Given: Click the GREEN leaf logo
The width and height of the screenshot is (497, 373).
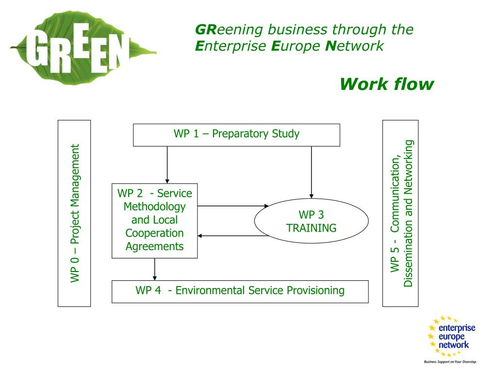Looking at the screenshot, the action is tap(83, 48).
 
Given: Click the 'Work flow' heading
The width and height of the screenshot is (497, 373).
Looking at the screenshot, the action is tap(387, 85).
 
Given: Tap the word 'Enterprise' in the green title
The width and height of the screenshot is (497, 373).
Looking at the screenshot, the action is tap(231, 46).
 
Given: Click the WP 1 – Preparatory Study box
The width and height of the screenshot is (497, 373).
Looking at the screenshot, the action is tap(236, 135).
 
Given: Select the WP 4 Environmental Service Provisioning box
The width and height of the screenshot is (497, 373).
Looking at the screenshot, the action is tap(240, 291).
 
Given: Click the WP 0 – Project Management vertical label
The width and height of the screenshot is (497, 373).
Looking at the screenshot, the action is tap(75, 213).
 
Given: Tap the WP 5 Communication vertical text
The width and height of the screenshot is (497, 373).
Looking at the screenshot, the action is tap(402, 213).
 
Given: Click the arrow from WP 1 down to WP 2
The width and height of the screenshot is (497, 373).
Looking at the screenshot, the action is tap(167, 165).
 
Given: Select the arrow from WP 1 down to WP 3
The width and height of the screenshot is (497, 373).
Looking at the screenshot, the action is tap(311, 172).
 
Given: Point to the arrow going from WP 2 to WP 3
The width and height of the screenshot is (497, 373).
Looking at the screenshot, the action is tap(233, 206).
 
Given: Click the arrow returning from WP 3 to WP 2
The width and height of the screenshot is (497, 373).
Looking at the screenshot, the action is tap(233, 236).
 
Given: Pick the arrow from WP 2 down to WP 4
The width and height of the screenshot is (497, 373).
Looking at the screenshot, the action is tap(155, 269).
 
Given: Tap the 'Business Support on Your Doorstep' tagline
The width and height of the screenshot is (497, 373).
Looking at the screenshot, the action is tap(450, 361).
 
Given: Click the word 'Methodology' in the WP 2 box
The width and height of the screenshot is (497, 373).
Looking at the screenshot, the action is tap(155, 207).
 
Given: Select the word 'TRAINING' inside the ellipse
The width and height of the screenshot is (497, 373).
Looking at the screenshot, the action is tap(311, 228).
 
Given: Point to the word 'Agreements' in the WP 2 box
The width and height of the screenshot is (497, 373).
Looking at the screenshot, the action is tap(155, 246).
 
